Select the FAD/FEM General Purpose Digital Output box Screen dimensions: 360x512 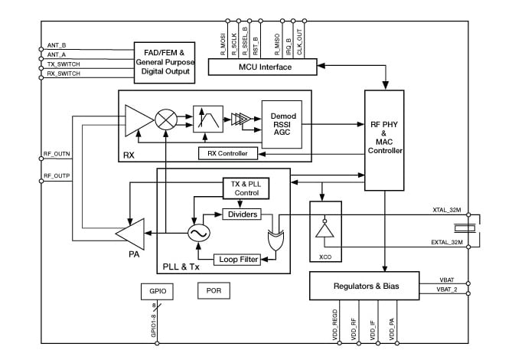click(x=163, y=61)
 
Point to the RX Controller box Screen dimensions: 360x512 click(x=227, y=153)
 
